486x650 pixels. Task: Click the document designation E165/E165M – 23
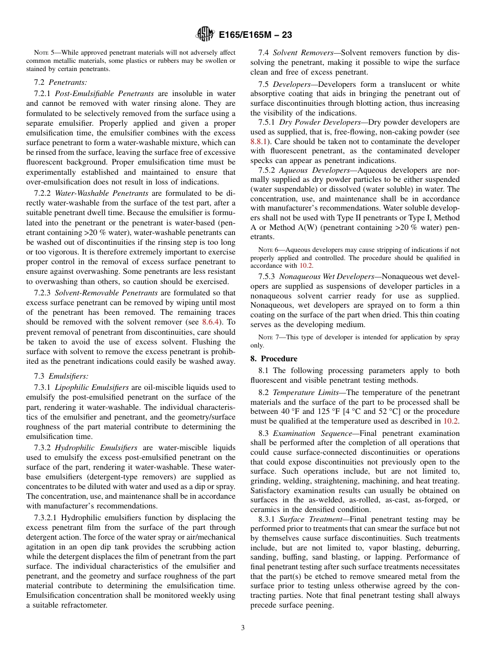click(255, 35)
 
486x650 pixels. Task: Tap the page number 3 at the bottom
click(243, 628)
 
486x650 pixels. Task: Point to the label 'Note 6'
click(266, 250)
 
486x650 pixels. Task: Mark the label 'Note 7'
click(266, 337)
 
